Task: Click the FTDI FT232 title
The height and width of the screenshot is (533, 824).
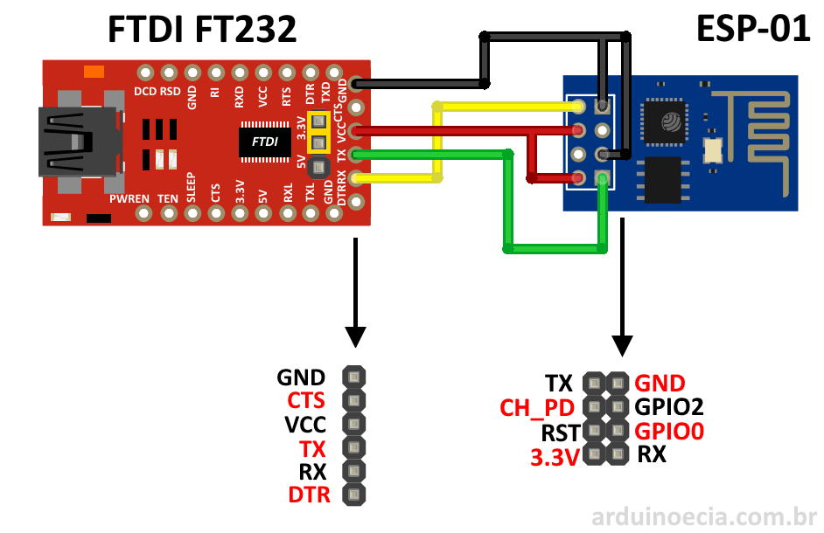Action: pos(201,30)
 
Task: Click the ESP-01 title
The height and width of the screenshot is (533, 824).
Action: pos(752,30)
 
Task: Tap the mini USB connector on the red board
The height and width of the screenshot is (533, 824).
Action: pos(77,142)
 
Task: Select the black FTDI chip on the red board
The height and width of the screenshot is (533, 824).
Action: pos(265,141)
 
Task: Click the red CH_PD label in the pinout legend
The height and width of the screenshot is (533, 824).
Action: pos(536,408)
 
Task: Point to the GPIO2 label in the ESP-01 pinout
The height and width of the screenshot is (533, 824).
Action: pos(669,406)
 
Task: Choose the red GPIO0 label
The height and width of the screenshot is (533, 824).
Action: pos(669,431)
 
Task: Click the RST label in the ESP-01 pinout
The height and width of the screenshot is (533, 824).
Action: pos(560,432)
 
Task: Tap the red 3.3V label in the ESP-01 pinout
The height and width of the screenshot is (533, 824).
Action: pos(555,457)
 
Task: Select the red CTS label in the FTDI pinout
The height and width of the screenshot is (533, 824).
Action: pos(306,401)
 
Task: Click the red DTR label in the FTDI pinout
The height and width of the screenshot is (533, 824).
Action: pos(309,495)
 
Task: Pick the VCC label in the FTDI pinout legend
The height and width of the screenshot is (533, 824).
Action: pos(305,425)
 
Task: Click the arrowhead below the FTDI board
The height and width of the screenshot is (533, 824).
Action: pos(355,336)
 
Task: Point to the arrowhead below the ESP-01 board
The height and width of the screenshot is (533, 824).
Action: pos(622,343)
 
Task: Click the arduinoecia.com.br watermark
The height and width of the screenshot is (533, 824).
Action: pos(704,516)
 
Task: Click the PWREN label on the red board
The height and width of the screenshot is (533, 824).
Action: pos(129,199)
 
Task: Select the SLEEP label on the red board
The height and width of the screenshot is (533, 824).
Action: pos(192,189)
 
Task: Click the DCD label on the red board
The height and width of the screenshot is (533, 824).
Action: pos(145,91)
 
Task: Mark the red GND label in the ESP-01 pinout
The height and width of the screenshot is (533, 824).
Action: pos(660,383)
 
